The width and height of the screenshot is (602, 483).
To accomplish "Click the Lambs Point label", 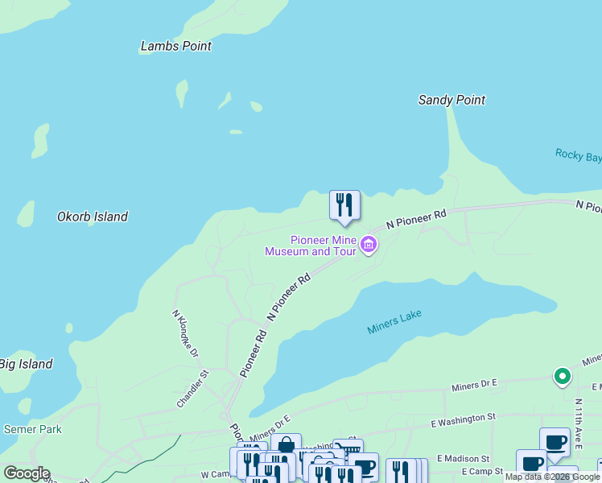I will tap(176, 46).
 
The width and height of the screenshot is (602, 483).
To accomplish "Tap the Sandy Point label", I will tap(451, 101).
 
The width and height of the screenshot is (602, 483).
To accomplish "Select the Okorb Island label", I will tap(93, 217).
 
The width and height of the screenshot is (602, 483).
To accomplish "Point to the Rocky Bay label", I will tap(578, 155).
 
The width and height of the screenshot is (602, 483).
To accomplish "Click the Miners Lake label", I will tap(394, 322).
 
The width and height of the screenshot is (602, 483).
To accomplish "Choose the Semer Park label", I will tap(33, 429).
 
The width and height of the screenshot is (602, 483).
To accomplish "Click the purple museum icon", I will tap(369, 244).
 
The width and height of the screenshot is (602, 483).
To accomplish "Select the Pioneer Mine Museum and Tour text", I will tap(310, 246).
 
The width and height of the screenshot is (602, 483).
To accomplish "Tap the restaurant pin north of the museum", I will tap(344, 204).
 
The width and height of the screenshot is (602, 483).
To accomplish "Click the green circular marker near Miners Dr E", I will tap(562, 376).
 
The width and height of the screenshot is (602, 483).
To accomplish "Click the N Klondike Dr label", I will tap(186, 334).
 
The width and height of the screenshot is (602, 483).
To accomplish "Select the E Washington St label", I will tap(463, 419).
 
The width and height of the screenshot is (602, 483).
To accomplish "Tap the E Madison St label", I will tap(463, 458).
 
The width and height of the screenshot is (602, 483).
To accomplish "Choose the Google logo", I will tap(27, 473).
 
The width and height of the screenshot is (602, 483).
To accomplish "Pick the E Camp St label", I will tap(482, 471).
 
